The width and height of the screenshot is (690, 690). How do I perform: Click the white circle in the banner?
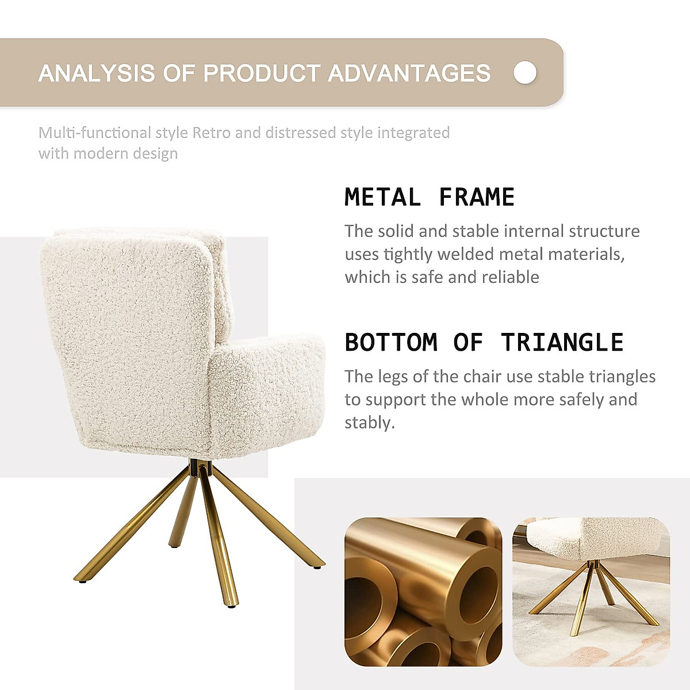tap(525, 72)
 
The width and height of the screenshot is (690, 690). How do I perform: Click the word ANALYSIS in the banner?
tap(97, 74)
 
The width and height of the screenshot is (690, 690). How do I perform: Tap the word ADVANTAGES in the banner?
tap(409, 74)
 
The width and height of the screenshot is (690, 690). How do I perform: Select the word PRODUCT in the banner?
tap(262, 74)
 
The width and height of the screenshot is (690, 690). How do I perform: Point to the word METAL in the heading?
tap(382, 197)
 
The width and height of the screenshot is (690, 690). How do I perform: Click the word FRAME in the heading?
tap(477, 197)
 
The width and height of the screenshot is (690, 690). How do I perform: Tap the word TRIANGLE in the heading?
tap(562, 342)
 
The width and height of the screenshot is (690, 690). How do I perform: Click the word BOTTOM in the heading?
tap(391, 342)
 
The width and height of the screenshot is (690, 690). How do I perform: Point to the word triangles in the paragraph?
tap(622, 377)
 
